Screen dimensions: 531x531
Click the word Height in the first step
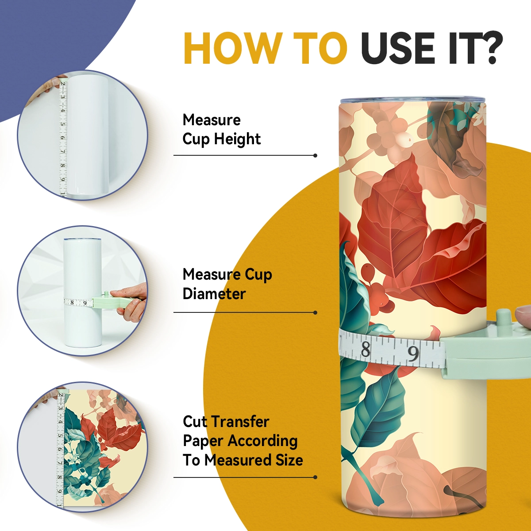pyautogui.click(x=237, y=139)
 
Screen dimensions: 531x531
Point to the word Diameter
pyautogui.click(x=214, y=293)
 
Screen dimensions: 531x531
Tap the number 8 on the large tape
pyautogui.click(x=366, y=350)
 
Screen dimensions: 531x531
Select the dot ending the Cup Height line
pyautogui.click(x=315, y=155)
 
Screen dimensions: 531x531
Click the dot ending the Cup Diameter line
pyautogui.click(x=315, y=312)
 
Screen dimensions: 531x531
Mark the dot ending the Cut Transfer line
pyautogui.click(x=315, y=477)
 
